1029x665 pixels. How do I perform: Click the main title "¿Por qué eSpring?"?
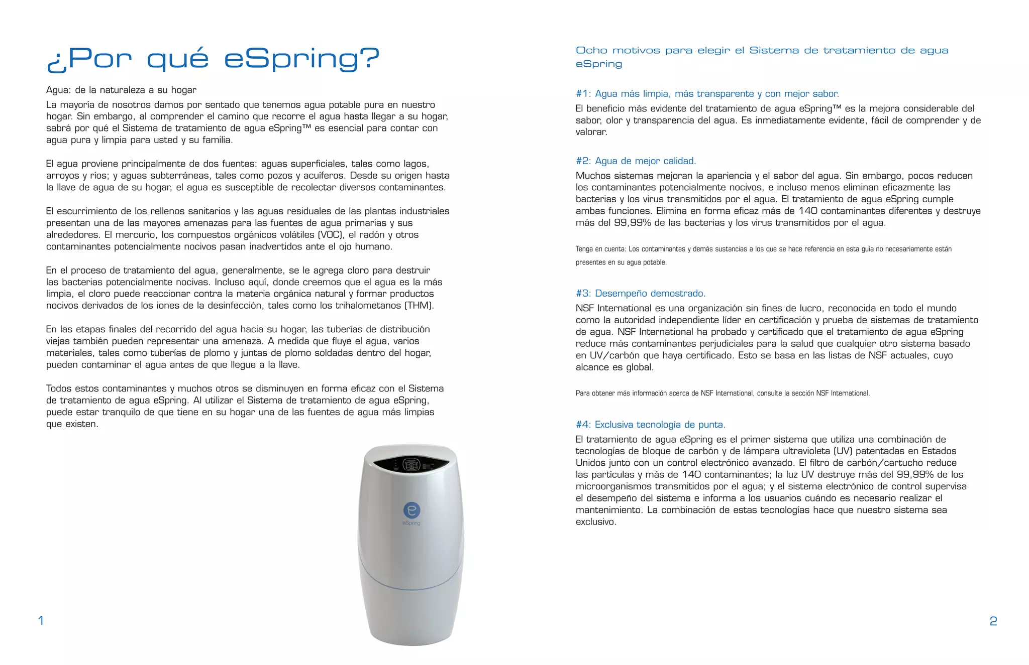coord(213,59)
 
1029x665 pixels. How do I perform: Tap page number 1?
coord(41,621)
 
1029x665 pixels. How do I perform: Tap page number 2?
coord(993,621)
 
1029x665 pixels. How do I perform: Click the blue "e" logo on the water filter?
coord(411,510)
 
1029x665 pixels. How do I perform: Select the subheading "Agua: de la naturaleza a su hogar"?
coord(121,90)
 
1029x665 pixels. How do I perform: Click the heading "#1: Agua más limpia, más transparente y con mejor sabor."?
coord(707,94)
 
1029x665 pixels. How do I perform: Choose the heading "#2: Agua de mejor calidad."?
coord(636,161)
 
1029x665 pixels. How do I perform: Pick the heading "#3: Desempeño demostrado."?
coord(641,294)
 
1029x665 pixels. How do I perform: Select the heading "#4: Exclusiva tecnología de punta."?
coord(650,425)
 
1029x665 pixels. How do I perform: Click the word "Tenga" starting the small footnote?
coord(584,249)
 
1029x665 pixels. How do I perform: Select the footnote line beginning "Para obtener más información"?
coord(723,393)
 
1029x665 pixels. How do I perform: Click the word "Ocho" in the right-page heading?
coord(591,51)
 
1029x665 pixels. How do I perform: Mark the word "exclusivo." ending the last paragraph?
coord(596,522)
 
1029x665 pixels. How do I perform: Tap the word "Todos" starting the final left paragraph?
coord(58,388)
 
